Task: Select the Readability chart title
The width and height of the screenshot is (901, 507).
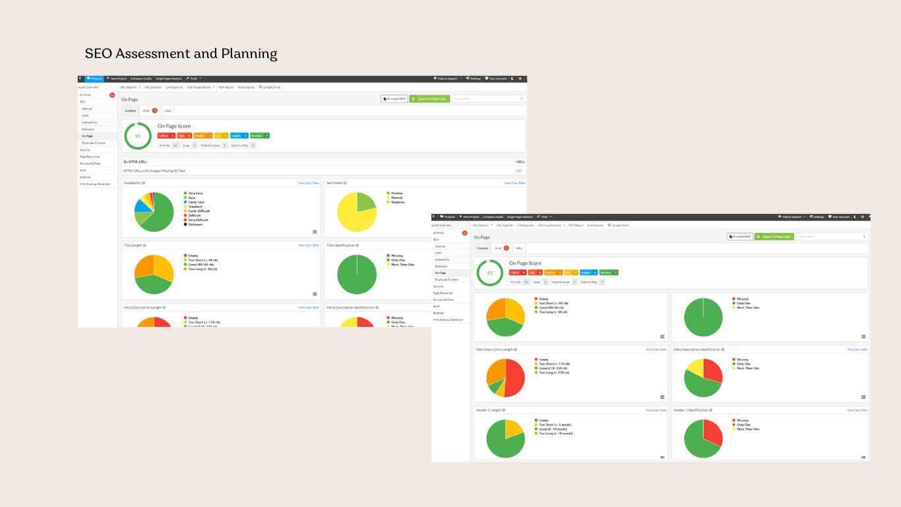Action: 132,183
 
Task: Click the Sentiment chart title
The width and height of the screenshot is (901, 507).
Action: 334,183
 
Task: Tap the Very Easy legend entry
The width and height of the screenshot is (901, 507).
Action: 195,193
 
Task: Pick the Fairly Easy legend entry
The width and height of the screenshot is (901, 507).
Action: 197,202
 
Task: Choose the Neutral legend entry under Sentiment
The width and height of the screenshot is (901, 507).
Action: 396,197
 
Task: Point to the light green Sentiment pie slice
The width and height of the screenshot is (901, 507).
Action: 365,203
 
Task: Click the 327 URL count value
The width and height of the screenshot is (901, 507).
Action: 518,170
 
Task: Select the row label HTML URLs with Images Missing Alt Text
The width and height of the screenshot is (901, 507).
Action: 154,170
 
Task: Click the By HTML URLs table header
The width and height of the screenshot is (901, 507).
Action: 135,161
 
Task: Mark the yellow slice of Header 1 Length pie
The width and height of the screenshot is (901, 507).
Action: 513,429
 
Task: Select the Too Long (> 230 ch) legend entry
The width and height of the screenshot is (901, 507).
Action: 553,372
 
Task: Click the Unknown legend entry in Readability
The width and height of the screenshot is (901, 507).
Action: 195,224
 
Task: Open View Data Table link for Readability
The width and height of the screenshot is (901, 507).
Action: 308,183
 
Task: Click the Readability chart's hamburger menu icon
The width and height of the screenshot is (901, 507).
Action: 315,232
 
